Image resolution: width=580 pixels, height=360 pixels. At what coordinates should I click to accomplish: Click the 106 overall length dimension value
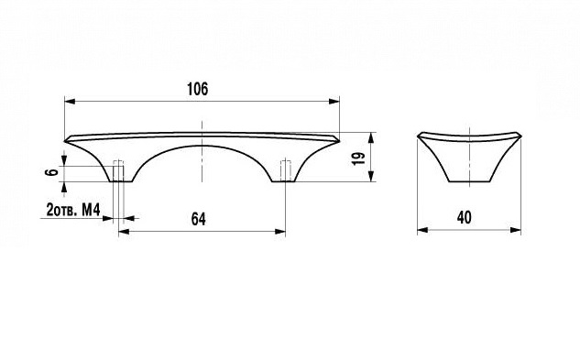click(x=198, y=89)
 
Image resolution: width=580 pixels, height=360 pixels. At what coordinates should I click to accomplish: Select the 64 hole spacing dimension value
click(x=199, y=219)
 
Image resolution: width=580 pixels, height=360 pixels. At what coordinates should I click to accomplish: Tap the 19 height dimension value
click(x=359, y=158)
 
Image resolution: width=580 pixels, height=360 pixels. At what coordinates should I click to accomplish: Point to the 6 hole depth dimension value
click(x=54, y=171)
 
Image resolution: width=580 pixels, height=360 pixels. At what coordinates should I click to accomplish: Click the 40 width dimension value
click(x=465, y=217)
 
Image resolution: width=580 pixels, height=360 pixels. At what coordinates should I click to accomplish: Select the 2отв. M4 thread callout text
click(x=73, y=210)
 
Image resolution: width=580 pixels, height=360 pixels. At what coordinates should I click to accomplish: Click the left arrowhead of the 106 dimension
click(x=70, y=101)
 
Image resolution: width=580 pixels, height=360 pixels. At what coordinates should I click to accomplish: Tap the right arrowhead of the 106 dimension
click(x=334, y=101)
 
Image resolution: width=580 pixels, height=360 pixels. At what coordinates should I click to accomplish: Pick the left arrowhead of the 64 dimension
click(x=124, y=232)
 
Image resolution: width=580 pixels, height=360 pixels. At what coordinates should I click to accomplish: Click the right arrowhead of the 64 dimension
click(x=280, y=232)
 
